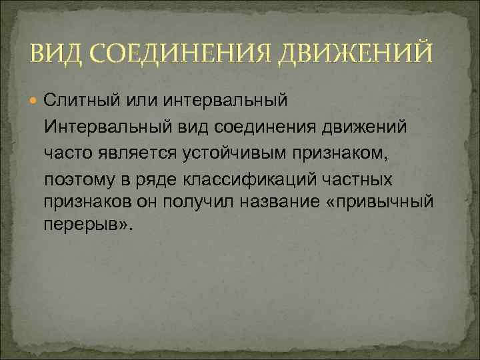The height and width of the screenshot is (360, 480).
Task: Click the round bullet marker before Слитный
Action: coord(35,101)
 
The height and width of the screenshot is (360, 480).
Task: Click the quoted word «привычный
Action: coord(377,202)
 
